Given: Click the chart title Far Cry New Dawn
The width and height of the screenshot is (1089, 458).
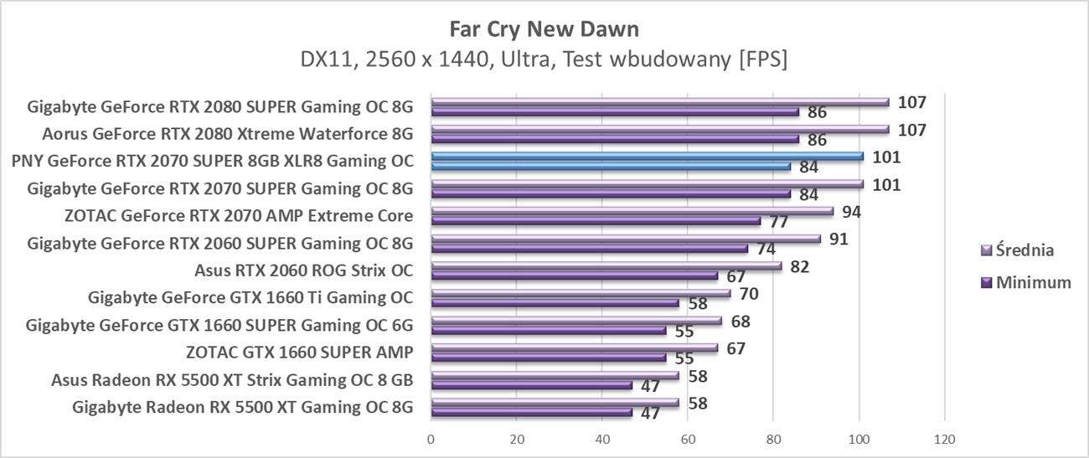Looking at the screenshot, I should click(x=544, y=29).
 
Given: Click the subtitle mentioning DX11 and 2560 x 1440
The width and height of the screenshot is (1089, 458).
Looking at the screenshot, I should click(x=544, y=60).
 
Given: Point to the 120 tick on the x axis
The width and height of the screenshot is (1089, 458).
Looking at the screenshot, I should click(x=944, y=440).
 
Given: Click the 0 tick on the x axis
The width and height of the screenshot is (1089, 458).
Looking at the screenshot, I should click(x=431, y=440).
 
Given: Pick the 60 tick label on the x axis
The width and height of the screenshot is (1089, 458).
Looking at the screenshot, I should click(x=687, y=440).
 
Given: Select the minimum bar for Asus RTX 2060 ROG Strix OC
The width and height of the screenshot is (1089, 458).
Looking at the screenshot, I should click(x=574, y=275).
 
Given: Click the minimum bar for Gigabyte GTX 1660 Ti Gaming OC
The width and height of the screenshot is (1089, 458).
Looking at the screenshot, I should click(x=555, y=303).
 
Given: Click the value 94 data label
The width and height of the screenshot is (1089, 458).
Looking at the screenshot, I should click(x=851, y=212).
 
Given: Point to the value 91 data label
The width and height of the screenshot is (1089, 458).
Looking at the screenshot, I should click(x=839, y=239).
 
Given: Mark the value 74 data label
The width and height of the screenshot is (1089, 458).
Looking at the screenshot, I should click(x=766, y=249).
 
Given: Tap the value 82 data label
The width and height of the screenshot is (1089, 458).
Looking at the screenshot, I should click(x=800, y=266).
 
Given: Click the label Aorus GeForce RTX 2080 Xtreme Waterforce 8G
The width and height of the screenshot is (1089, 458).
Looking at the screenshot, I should click(x=228, y=134).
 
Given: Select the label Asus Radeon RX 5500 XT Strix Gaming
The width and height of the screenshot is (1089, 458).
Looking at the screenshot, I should click(x=232, y=381).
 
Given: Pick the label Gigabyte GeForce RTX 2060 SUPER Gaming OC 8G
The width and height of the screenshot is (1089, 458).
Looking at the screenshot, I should click(x=220, y=244).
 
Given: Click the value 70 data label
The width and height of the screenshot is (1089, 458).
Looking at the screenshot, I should click(x=748, y=294).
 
